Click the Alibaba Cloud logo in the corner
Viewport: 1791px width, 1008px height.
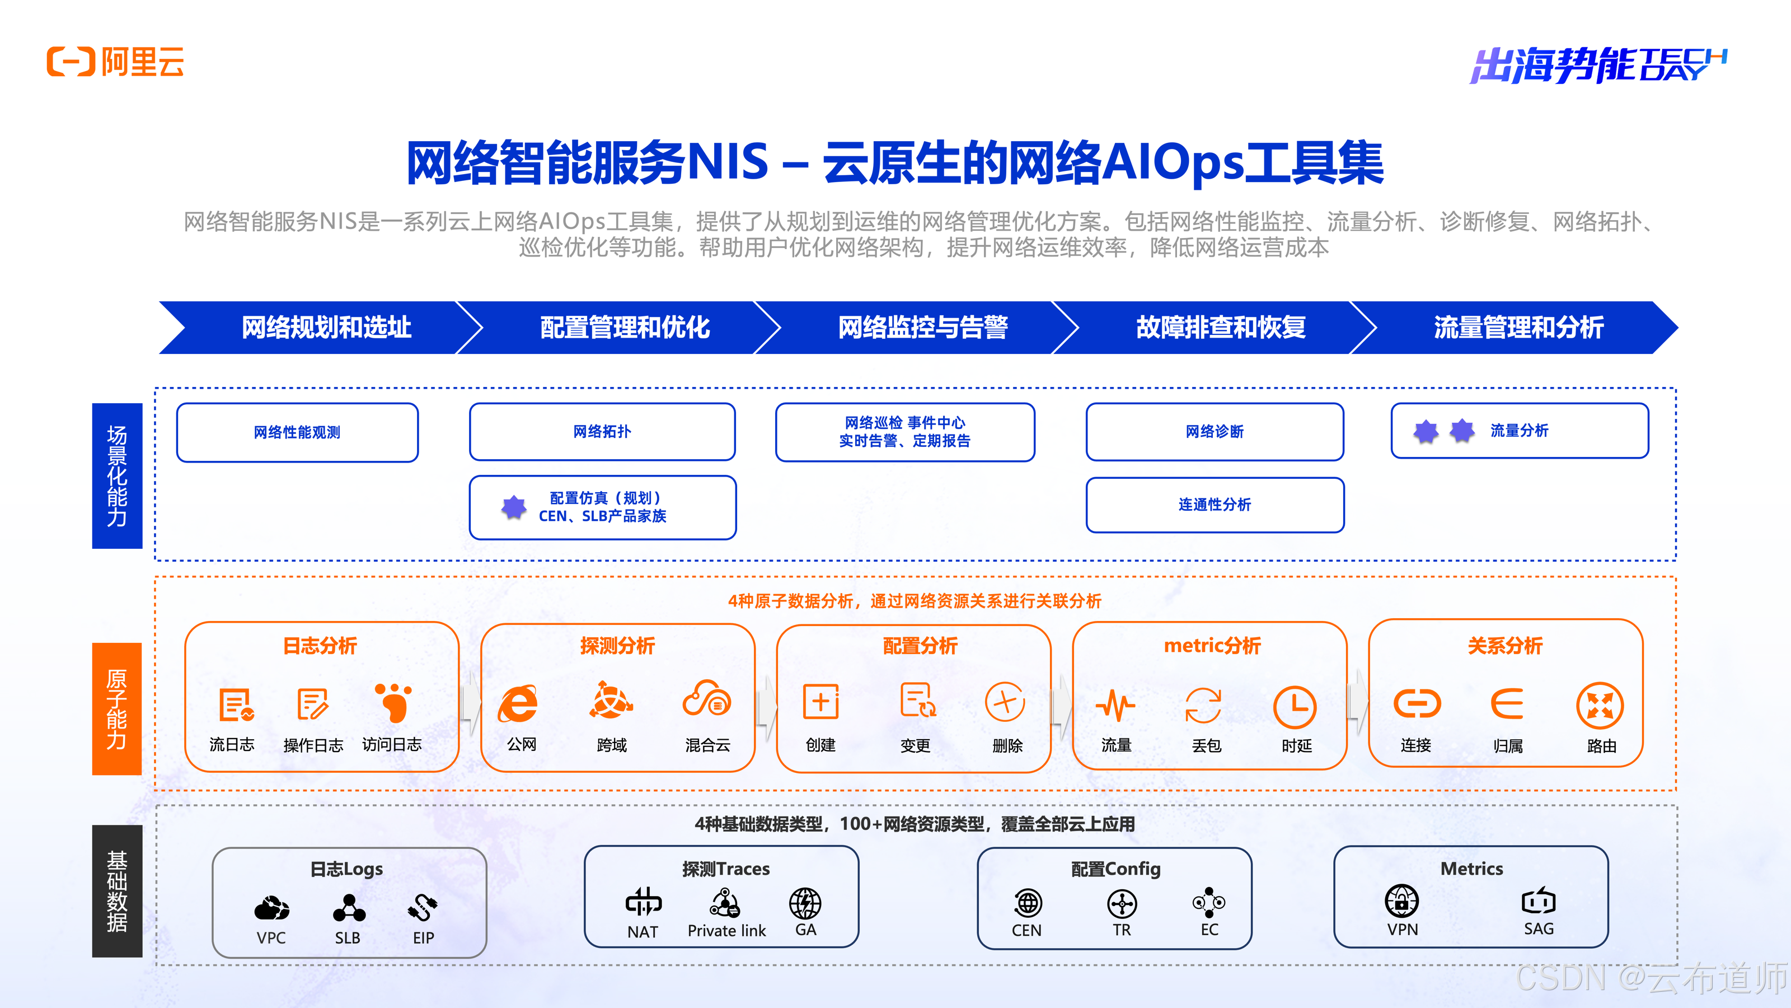click(x=115, y=62)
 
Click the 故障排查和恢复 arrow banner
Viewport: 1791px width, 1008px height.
click(x=1220, y=328)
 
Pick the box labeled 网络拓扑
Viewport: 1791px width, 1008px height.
click(x=602, y=431)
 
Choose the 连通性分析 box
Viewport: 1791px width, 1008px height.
click(x=1215, y=505)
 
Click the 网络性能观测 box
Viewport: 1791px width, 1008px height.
click(x=297, y=432)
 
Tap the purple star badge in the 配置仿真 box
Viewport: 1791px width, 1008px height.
click(x=514, y=507)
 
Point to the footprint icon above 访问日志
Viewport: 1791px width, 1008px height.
click(x=393, y=703)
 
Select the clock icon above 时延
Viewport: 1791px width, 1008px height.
click(x=1295, y=707)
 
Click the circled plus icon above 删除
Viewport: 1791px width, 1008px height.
click(x=1005, y=703)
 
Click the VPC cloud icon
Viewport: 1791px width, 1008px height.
click(x=271, y=908)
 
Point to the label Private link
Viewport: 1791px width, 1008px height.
click(x=726, y=931)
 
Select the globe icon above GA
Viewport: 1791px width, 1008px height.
click(x=805, y=903)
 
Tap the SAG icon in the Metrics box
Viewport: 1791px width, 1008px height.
click(x=1538, y=902)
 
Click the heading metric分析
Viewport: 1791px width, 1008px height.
click(x=1212, y=646)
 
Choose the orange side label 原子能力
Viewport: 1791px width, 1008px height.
click(x=117, y=708)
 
